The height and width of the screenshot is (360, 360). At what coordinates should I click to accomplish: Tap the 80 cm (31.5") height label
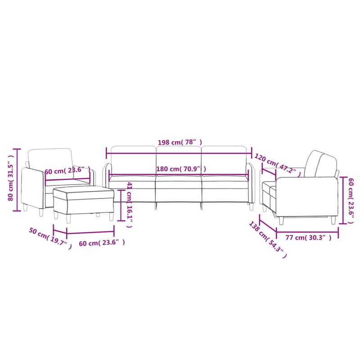pyautogui.click(x=11, y=180)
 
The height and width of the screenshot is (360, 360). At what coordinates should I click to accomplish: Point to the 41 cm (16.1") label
pyautogui.click(x=130, y=205)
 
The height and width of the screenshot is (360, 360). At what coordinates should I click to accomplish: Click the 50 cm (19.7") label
pyautogui.click(x=49, y=238)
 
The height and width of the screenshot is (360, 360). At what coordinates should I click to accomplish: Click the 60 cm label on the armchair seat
pyautogui.click(x=67, y=171)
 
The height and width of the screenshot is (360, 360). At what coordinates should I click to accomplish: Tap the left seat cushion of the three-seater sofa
pyautogui.click(x=132, y=184)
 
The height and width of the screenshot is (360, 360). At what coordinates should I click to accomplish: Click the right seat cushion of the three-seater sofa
pyautogui.click(x=225, y=184)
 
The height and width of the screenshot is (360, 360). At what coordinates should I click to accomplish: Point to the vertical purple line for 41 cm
pyautogui.click(x=121, y=205)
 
